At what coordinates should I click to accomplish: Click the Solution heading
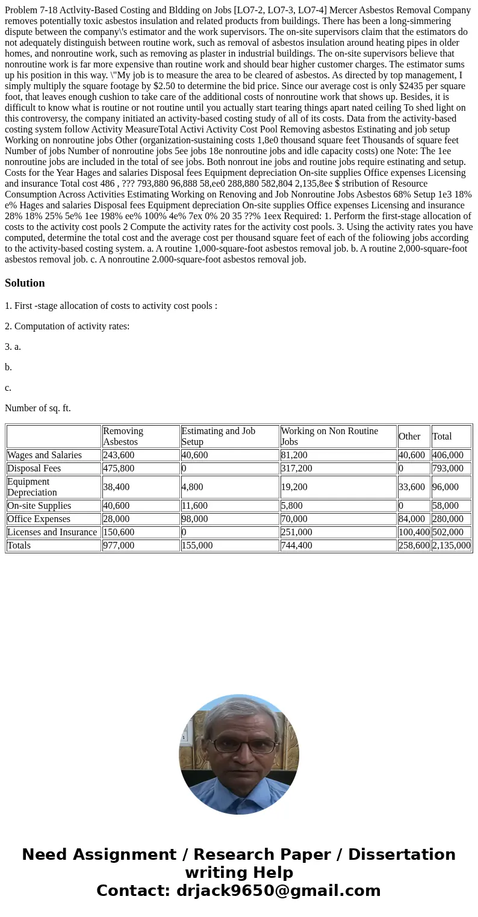[x=25, y=283]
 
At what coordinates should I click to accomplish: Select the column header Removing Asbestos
[x=123, y=436]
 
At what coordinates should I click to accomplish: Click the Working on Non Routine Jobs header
[x=329, y=436]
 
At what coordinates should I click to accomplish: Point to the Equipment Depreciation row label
[x=32, y=486]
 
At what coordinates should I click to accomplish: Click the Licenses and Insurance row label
[x=52, y=532]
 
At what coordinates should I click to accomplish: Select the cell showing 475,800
[x=119, y=468]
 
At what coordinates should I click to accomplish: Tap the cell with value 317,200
[x=296, y=468]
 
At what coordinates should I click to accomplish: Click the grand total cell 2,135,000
[x=451, y=545]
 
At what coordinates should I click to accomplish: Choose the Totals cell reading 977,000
[x=119, y=545]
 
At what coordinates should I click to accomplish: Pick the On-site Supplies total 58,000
[x=445, y=505]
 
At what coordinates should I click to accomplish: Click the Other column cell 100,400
[x=414, y=532]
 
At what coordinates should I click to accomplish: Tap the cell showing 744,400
[x=296, y=545]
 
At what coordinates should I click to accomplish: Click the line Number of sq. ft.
[x=38, y=408]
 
